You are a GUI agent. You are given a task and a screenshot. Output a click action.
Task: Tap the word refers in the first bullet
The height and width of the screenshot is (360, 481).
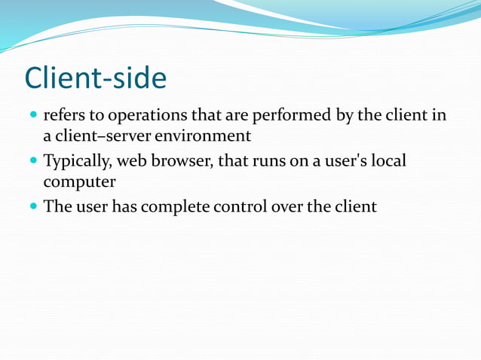(63, 117)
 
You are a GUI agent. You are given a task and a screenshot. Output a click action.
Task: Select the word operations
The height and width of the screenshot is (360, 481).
(146, 117)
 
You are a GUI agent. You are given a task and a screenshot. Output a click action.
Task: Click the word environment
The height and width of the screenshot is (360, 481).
(203, 137)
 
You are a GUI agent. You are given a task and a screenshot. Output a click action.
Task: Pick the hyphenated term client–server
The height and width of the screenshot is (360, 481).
(103, 137)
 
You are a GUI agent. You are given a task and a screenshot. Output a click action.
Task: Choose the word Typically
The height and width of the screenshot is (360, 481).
(77, 162)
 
